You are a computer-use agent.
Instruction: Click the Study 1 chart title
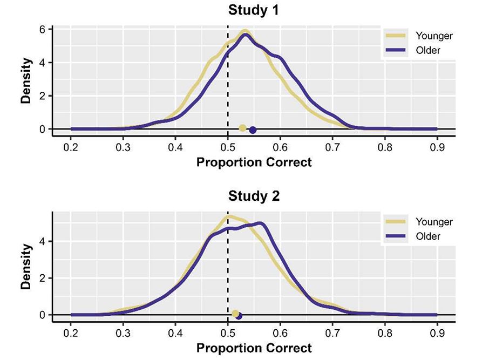[x=254, y=10]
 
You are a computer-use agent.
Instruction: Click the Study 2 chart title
[x=254, y=196]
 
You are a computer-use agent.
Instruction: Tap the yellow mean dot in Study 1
[x=243, y=128]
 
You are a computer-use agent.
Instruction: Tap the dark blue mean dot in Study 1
[x=253, y=130]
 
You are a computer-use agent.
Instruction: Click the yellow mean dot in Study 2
[x=235, y=314]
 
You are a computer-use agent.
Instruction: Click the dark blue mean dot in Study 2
[x=239, y=316]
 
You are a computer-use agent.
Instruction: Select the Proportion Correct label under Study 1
[x=254, y=162]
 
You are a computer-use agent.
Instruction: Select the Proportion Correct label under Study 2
[x=254, y=348]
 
